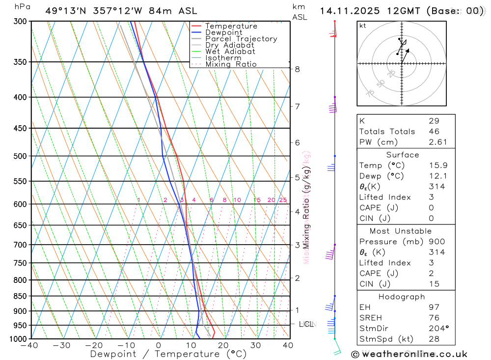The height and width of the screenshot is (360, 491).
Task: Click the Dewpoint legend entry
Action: (223, 32)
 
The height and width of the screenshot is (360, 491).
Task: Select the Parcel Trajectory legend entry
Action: (241, 39)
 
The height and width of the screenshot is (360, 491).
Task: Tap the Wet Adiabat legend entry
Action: (230, 52)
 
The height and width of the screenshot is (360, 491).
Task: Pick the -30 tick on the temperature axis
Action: (61, 345)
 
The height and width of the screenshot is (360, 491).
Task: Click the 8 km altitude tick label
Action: (298, 69)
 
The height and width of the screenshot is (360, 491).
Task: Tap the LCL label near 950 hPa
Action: (306, 324)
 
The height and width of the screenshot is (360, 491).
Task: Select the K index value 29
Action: (434, 121)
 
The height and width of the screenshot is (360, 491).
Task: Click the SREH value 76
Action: (434, 318)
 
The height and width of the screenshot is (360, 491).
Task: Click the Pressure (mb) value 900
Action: (436, 242)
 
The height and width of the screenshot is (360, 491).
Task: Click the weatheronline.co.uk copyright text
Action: (409, 354)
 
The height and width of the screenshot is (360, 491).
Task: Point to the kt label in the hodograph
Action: (363, 26)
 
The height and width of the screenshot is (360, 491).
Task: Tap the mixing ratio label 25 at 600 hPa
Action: (283, 200)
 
